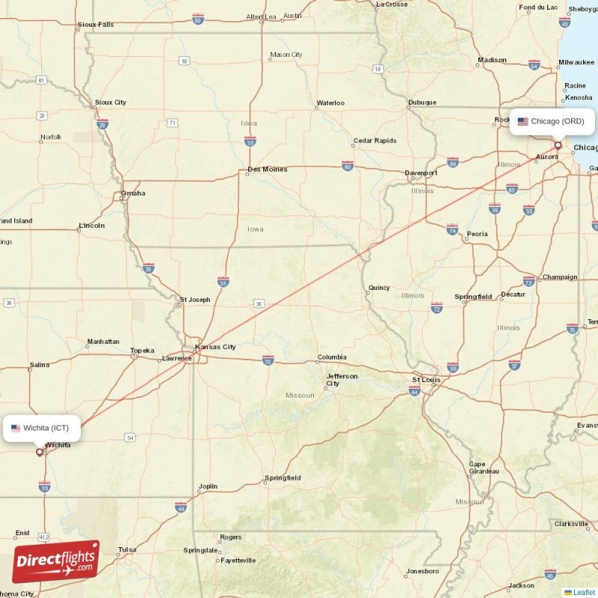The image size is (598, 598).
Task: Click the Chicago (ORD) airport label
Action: [x=552, y=121]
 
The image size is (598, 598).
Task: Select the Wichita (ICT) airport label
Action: [x=41, y=428]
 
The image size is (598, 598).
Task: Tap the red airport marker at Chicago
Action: [x=558, y=145]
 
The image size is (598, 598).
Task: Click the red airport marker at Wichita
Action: [x=40, y=451]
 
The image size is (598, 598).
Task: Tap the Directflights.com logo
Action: [x=56, y=561]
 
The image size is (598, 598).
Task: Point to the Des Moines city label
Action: [x=267, y=169]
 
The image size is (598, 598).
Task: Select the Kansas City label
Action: [x=215, y=347]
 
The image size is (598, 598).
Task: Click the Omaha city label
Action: [x=133, y=194]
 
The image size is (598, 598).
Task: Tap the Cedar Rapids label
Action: [x=375, y=141]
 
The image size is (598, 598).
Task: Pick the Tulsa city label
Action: [x=127, y=549]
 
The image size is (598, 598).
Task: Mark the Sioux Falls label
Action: [x=96, y=25]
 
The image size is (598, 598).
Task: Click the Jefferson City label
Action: [x=342, y=380]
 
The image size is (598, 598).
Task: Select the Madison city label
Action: [x=492, y=60]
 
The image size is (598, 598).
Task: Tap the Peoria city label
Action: [x=477, y=234]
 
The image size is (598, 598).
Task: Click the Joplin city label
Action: [x=208, y=487]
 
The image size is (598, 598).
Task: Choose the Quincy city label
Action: [x=379, y=288]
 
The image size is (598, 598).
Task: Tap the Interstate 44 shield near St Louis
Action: [x=414, y=391]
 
